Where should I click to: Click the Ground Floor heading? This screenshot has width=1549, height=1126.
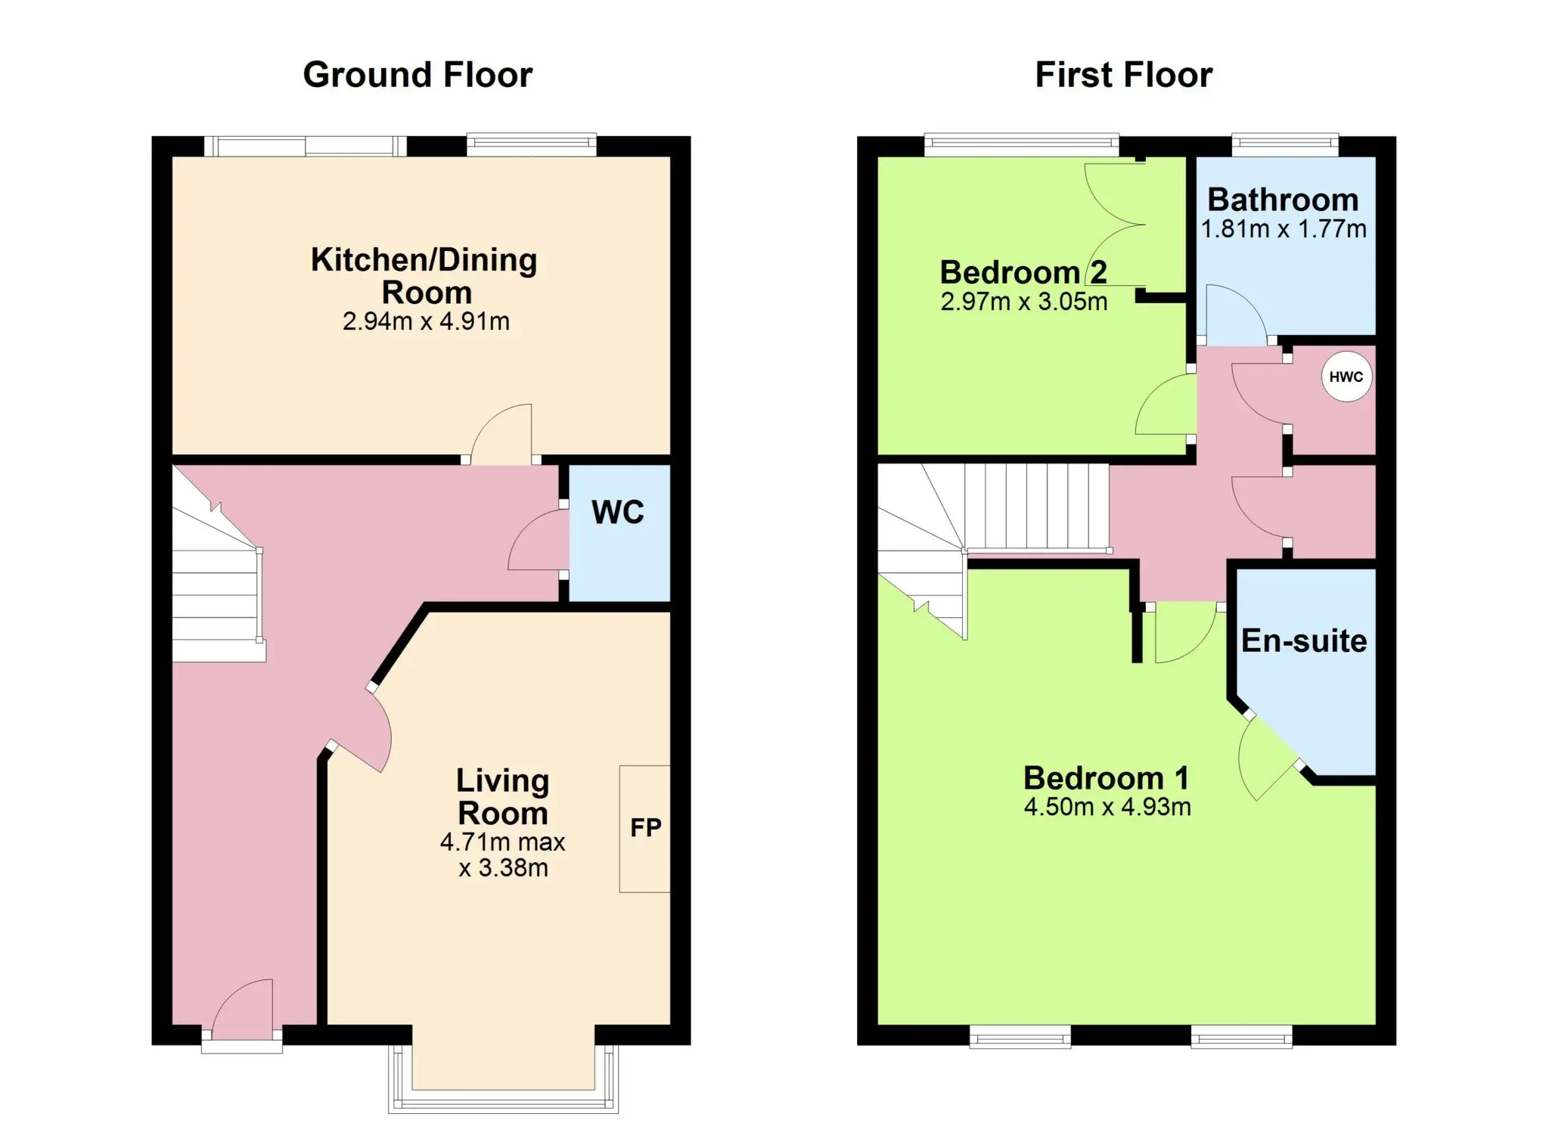(418, 76)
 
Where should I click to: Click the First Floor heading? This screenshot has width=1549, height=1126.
(1123, 76)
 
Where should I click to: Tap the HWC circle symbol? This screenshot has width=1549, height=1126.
(1346, 377)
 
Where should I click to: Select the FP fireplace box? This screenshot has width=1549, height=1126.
(644, 829)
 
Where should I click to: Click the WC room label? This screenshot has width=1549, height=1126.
(618, 513)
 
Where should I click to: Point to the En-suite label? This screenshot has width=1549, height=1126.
(1304, 641)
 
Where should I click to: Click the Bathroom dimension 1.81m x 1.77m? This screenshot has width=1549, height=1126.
(1284, 229)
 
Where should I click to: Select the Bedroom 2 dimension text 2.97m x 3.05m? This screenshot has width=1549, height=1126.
(1024, 302)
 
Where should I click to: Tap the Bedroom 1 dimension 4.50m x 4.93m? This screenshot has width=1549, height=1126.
(1107, 807)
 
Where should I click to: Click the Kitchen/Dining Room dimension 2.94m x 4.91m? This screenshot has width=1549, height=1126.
(426, 321)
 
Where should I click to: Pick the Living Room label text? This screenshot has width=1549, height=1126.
(503, 797)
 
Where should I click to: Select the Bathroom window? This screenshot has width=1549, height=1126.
(1285, 144)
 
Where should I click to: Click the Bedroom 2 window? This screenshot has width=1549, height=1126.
(1021, 144)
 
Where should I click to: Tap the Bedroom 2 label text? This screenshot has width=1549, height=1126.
(1023, 272)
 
